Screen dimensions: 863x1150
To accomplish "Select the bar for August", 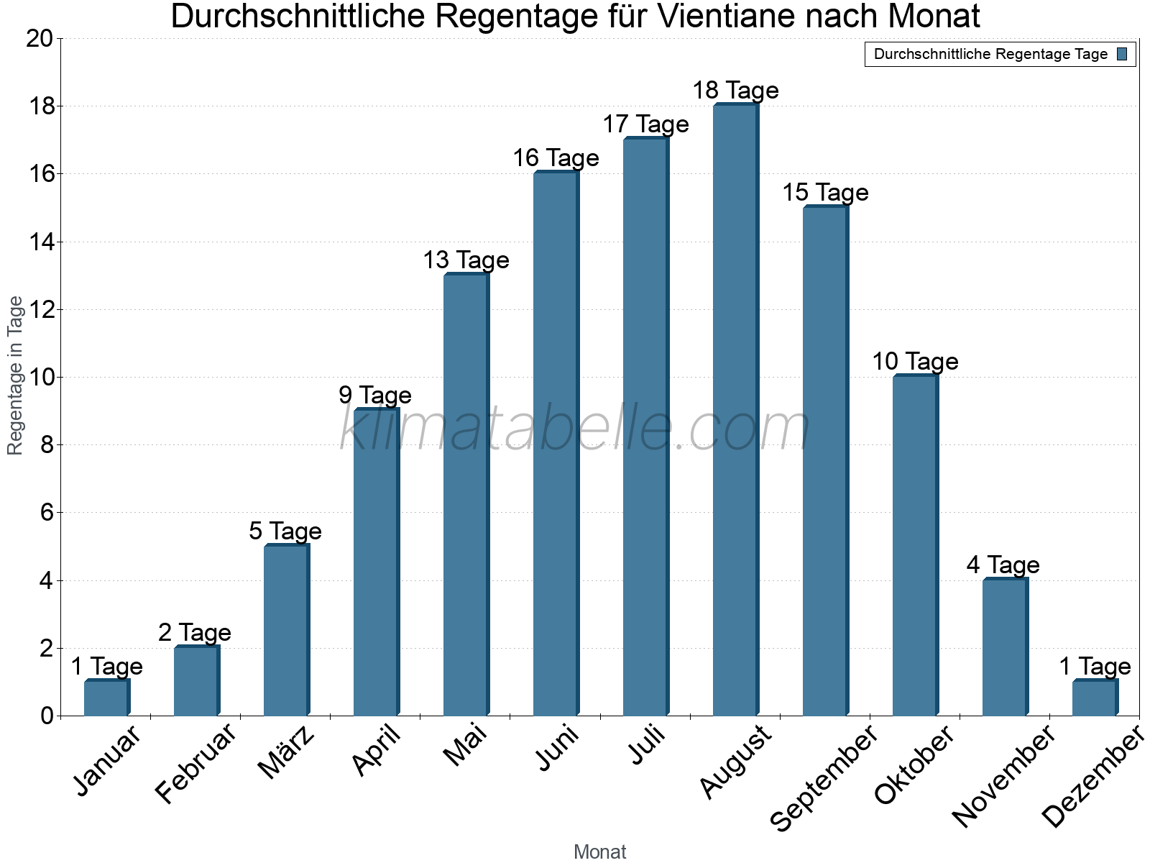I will (x=735, y=410).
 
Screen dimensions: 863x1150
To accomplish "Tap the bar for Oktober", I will (x=914, y=546).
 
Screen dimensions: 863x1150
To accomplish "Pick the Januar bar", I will (x=106, y=698).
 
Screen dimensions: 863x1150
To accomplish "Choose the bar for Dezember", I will (x=1094, y=698).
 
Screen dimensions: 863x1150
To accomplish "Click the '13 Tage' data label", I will (x=466, y=260).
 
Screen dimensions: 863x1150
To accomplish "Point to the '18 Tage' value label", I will (x=735, y=91).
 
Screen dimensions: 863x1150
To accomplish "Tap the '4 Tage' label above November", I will (x=1003, y=565).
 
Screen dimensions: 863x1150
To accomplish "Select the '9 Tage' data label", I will (x=375, y=396).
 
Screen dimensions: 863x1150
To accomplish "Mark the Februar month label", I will (x=195, y=764).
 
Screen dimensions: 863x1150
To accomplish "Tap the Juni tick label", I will (x=558, y=749).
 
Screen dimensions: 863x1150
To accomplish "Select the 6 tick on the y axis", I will (x=46, y=513).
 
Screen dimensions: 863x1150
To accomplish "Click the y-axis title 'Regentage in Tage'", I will (x=15, y=375).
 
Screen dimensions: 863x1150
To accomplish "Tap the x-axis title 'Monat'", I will (x=599, y=852).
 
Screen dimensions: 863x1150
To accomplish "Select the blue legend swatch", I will (x=1122, y=54).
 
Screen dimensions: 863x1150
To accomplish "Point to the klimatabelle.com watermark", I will (x=575, y=428).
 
